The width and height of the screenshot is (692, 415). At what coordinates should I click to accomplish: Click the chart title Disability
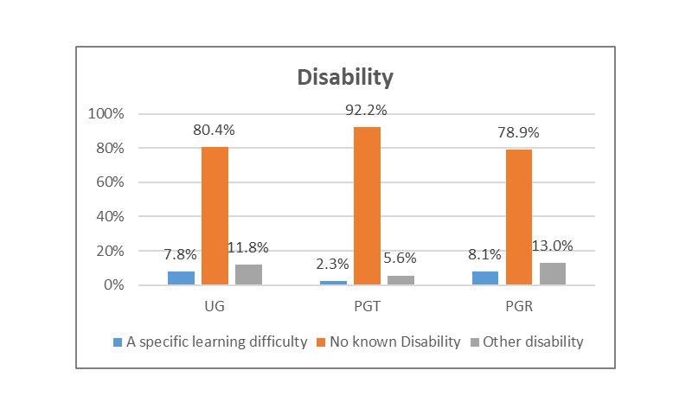[345, 77]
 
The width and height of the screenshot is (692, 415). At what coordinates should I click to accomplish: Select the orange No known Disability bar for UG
[215, 215]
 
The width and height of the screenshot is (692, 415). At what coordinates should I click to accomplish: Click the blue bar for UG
[181, 278]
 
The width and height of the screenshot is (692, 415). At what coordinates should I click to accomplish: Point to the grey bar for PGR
[553, 273]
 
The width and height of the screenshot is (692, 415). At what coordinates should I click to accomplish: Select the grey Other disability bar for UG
[248, 274]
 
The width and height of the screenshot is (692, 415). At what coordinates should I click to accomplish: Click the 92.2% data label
[367, 110]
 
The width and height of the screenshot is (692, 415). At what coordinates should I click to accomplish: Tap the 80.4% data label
[215, 131]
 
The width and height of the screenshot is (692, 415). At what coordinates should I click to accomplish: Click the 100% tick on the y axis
[106, 114]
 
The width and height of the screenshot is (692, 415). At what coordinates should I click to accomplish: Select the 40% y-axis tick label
[110, 217]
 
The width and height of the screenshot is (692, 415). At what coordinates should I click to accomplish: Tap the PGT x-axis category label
[367, 307]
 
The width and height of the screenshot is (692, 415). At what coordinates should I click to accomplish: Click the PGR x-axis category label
[519, 307]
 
